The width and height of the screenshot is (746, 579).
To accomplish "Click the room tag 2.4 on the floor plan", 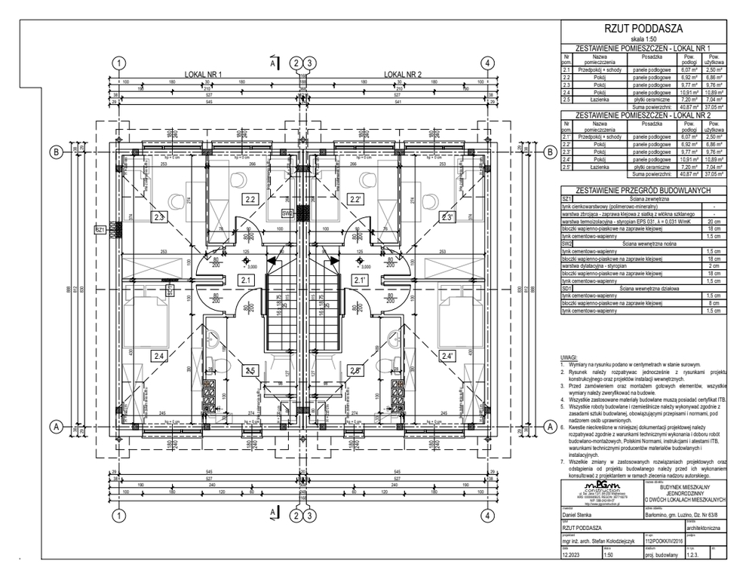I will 158,355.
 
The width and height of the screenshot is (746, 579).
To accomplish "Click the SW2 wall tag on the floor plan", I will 287,213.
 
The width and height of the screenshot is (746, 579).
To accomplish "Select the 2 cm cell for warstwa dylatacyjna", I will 713,265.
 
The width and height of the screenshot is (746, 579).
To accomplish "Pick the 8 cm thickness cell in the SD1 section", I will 713,302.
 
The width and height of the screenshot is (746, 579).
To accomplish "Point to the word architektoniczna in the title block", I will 699,529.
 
